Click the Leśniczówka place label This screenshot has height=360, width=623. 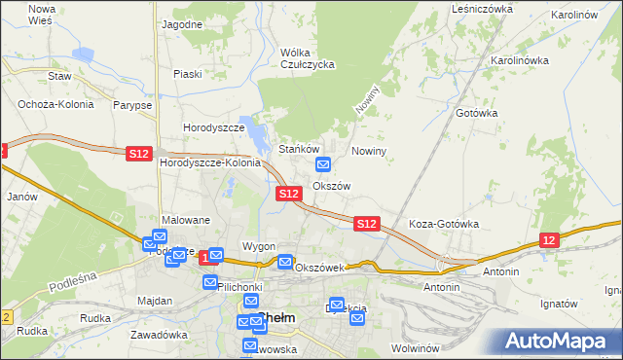[482, 9]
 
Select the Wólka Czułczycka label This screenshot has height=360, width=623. [307, 58]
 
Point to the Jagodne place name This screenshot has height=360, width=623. [183, 23]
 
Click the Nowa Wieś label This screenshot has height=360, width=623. [42, 14]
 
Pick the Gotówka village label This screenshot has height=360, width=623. [476, 113]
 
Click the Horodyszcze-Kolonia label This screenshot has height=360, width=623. [210, 162]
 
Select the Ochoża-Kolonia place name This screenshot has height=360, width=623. [50, 104]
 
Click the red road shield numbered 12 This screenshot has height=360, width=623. [550, 240]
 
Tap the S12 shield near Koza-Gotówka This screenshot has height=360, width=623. [366, 224]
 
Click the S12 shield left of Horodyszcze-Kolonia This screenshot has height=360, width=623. [138, 153]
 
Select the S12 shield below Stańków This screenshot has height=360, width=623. [287, 194]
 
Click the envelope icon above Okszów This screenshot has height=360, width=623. [324, 164]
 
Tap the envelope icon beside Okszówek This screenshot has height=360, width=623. [285, 262]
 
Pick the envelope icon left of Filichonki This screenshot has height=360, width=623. [210, 282]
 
